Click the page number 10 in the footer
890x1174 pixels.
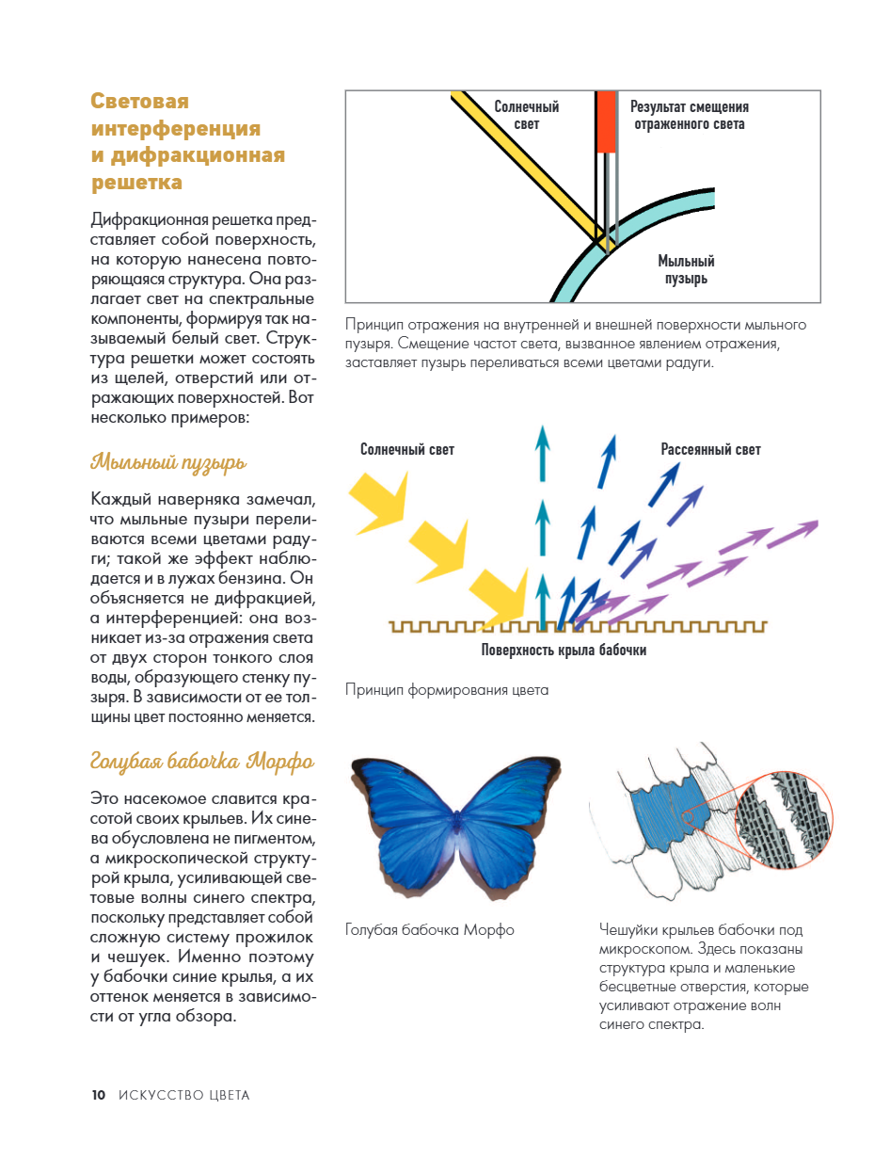[x=98, y=1095]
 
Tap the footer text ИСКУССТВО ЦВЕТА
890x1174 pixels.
[x=183, y=1095]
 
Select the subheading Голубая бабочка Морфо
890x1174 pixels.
[x=201, y=761]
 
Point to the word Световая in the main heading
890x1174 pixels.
[x=139, y=101]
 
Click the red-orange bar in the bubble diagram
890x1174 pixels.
[x=606, y=121]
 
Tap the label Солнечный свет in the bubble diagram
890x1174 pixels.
[x=527, y=115]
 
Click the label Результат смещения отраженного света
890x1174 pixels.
[x=689, y=115]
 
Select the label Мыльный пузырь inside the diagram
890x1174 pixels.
[x=686, y=269]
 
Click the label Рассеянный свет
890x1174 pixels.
[x=710, y=449]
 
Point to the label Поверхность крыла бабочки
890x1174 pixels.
[x=564, y=650]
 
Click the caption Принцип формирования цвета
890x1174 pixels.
[x=446, y=690]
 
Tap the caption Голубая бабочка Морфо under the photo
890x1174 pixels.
[x=430, y=930]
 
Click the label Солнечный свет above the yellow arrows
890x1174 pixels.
[x=406, y=449]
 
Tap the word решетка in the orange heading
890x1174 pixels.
[x=136, y=181]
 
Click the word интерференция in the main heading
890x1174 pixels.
[x=176, y=128]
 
